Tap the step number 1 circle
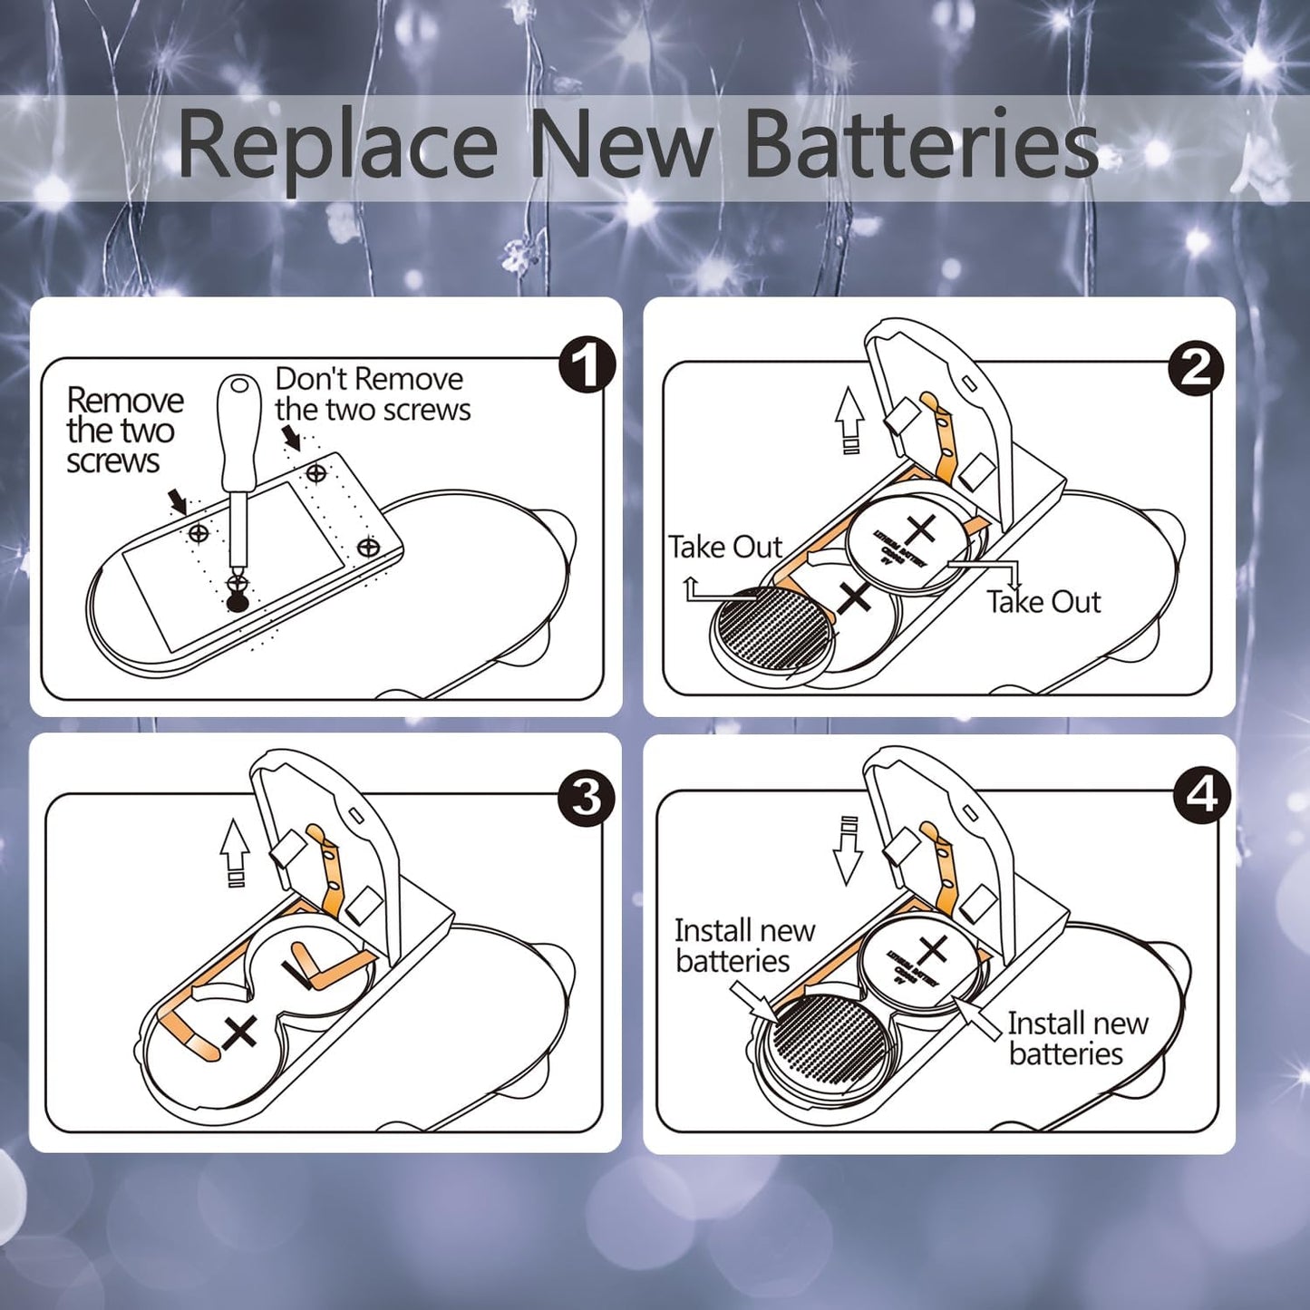[x=587, y=365]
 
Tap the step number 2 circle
[x=1196, y=368]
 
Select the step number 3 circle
[x=587, y=798]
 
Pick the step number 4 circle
[x=1201, y=795]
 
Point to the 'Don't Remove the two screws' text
[x=372, y=394]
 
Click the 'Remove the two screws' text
[x=123, y=431]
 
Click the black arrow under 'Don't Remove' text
[x=292, y=440]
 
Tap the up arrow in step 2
[x=849, y=419]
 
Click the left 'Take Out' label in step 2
[x=724, y=548]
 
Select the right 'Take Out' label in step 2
[x=1043, y=602]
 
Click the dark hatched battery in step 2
[x=772, y=633]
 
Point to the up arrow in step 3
[x=235, y=852]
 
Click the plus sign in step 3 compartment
[x=240, y=1033]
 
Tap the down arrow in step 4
[x=848, y=849]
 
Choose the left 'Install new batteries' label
[x=743, y=946]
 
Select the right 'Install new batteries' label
[x=1077, y=1038]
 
